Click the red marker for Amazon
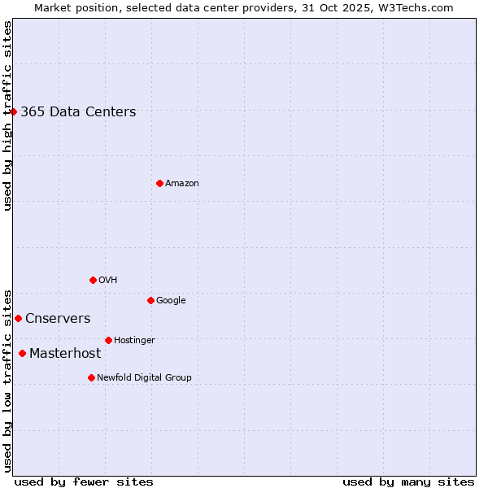(159, 183)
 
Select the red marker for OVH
(93, 280)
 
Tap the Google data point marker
(150, 300)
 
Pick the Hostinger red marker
(108, 340)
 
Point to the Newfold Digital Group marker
(91, 377)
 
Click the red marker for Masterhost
(22, 353)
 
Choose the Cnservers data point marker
(18, 318)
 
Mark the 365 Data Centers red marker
(14, 111)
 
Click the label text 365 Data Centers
(78, 112)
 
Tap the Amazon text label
(182, 184)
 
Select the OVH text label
(108, 281)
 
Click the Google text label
(171, 301)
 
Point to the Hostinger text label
(134, 341)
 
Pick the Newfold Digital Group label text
(144, 378)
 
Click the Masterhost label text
(65, 354)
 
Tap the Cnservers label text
(58, 319)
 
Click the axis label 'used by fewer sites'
(84, 482)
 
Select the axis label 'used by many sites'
(408, 482)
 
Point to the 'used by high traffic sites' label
(7, 115)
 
